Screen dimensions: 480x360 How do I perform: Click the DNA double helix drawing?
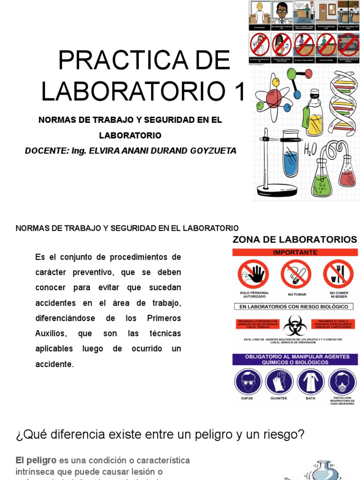[343, 103]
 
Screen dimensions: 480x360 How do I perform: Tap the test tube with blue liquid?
[291, 159]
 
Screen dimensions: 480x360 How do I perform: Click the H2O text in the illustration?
[310, 150]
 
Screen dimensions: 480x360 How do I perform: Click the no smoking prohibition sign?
[296, 274]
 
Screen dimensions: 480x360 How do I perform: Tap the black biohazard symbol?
[295, 324]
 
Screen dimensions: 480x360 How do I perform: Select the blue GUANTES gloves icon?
[279, 382]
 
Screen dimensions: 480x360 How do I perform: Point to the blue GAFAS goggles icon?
[248, 382]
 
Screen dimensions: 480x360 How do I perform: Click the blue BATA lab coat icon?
[311, 382]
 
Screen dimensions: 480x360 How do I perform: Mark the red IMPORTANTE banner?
[295, 252]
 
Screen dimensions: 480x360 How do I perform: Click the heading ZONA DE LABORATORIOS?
[295, 240]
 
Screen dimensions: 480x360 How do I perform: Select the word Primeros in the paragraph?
[164, 318]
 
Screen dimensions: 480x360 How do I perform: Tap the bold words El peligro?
[36, 460]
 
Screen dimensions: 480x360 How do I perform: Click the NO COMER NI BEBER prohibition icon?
[338, 274]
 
